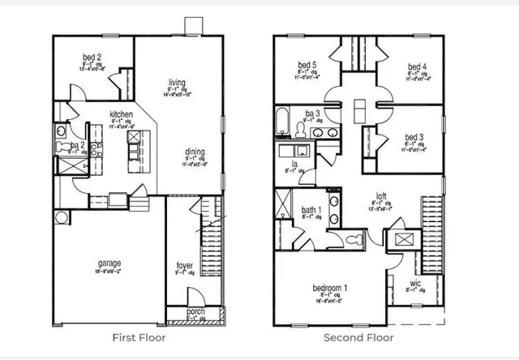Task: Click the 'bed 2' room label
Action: (x=92, y=57)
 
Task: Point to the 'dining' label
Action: (x=193, y=151)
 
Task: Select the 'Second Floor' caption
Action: (x=359, y=337)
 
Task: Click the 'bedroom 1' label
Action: (x=330, y=289)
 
